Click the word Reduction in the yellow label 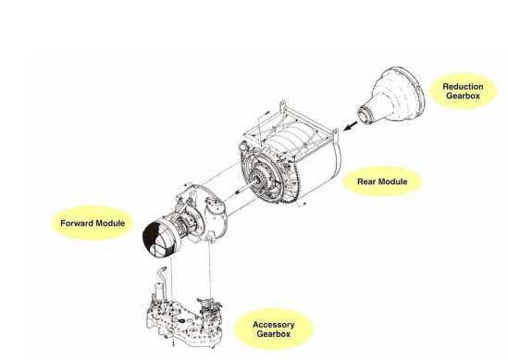coord(463,87)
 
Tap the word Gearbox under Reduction coord(463,96)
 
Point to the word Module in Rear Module coord(392,181)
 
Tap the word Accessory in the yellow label coord(274,325)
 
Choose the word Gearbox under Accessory coord(274,334)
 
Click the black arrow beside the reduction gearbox coord(351,126)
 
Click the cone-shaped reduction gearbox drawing coord(391,95)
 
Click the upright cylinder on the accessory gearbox coord(158,291)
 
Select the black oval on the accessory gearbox coord(181,321)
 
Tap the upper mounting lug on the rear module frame coord(282,106)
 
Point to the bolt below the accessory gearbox coord(173,342)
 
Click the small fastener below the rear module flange coord(304,204)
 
